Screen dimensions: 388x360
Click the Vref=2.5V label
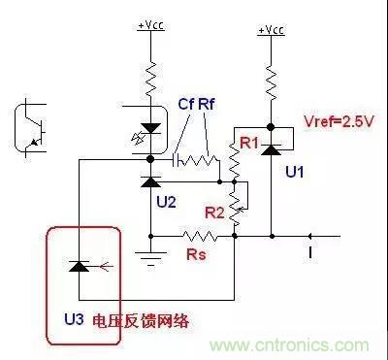(x=339, y=121)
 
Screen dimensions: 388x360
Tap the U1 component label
(x=295, y=172)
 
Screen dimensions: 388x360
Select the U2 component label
(x=167, y=202)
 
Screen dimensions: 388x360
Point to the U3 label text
(x=75, y=319)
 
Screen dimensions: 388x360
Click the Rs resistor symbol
(x=200, y=236)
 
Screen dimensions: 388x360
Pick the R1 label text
(x=249, y=143)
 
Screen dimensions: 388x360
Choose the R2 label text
(x=214, y=213)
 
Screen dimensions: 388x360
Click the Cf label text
(x=186, y=104)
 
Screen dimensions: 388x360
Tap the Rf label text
(x=207, y=104)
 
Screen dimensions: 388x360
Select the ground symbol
(x=150, y=258)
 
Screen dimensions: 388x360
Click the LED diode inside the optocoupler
(x=150, y=129)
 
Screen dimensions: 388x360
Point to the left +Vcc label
(x=150, y=25)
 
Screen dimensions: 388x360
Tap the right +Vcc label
(x=272, y=30)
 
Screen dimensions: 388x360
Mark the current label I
(x=310, y=252)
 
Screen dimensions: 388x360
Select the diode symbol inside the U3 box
(x=80, y=267)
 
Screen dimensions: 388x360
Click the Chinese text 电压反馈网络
(x=141, y=321)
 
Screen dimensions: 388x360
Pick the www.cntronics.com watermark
(x=289, y=344)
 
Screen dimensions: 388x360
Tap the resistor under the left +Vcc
(x=150, y=79)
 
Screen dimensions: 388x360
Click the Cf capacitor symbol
(x=176, y=159)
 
